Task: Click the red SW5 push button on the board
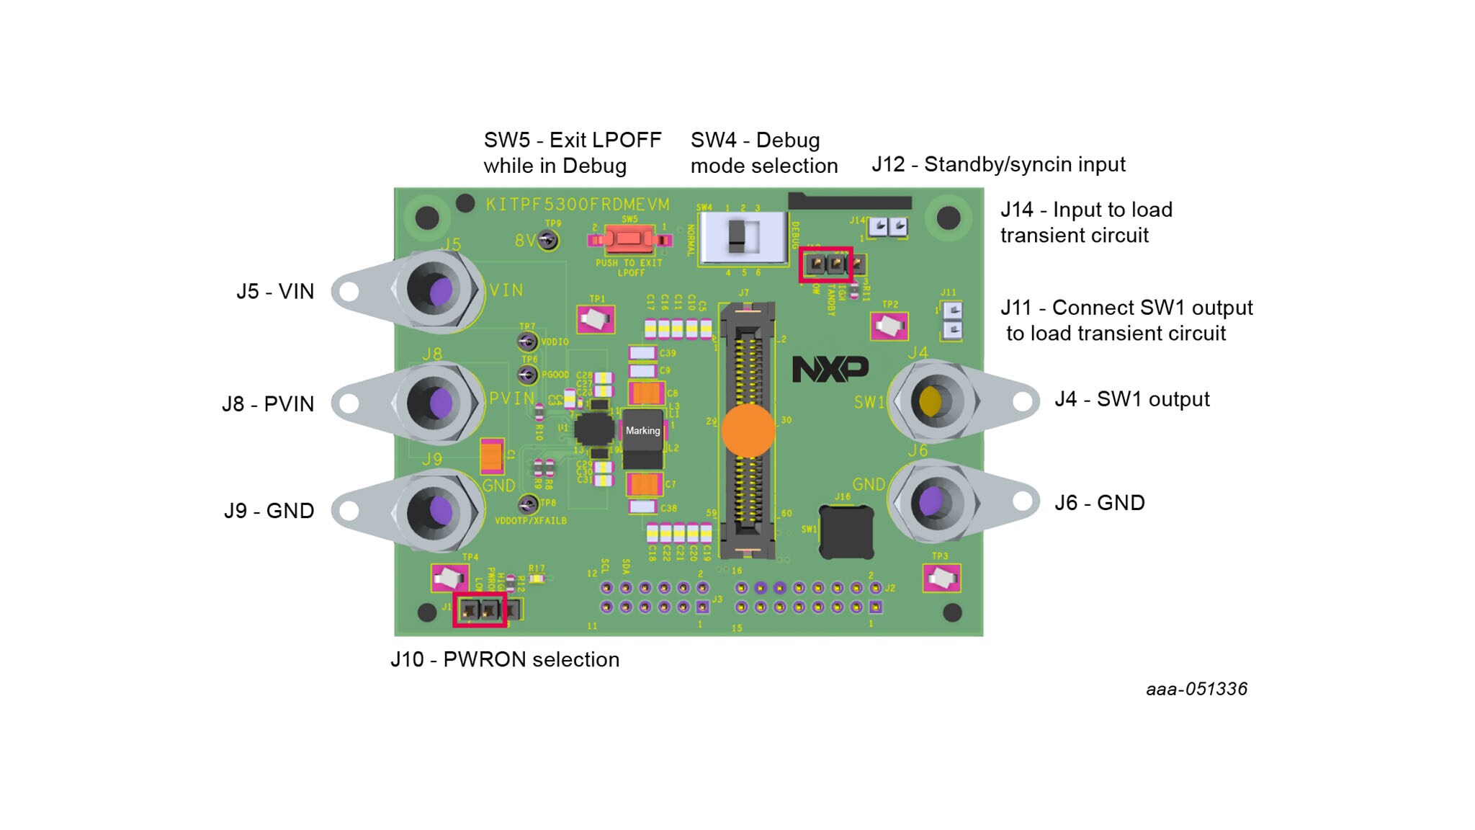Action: coord(628,238)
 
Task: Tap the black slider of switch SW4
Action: coord(736,236)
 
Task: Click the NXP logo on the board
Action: coord(830,368)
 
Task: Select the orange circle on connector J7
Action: coord(748,430)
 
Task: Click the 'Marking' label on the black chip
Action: coord(642,430)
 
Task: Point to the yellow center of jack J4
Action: coord(930,401)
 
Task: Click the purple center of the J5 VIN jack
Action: coord(440,291)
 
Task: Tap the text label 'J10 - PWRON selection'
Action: coord(505,659)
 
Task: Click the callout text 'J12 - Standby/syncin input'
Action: coord(998,164)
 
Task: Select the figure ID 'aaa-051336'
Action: coord(1196,689)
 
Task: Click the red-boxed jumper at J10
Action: coord(480,610)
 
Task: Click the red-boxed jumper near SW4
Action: coord(826,264)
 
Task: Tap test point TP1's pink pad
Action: coord(596,319)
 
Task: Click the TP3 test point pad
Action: coord(941,578)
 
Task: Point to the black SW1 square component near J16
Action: coord(846,532)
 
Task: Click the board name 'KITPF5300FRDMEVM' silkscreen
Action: coord(578,205)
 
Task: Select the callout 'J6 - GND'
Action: coord(1099,503)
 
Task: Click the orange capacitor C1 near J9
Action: coord(492,456)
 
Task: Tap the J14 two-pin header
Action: coord(887,227)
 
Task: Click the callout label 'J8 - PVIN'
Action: coord(268,404)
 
